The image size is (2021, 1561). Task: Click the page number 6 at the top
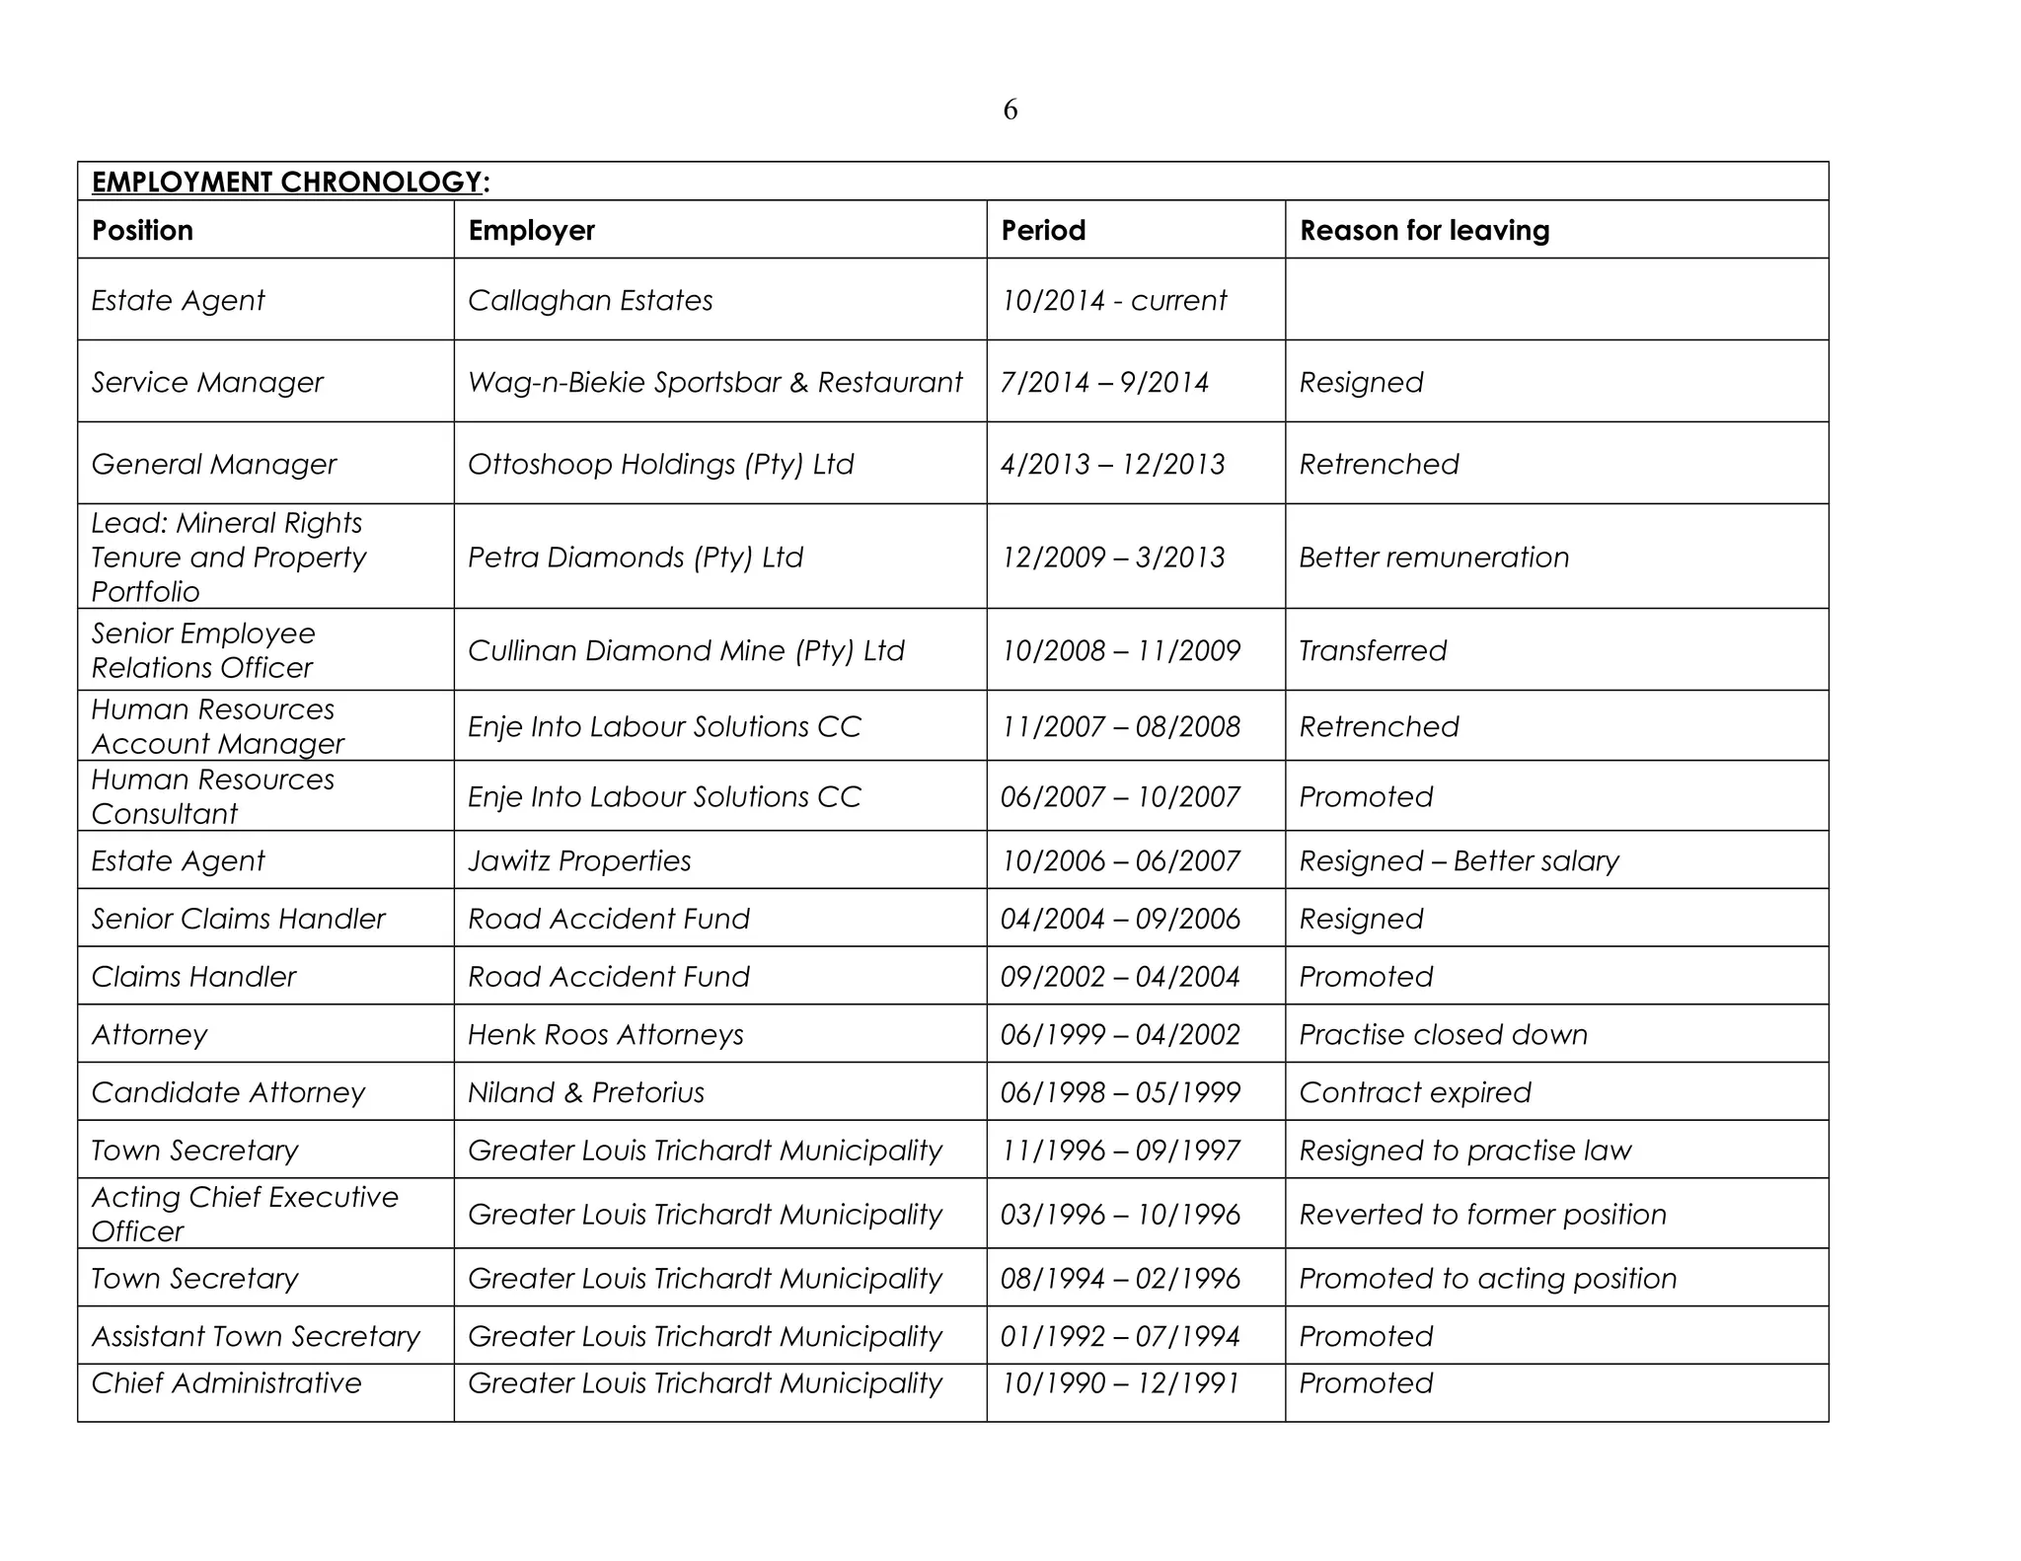point(1010,110)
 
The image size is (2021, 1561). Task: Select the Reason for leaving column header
point(1424,230)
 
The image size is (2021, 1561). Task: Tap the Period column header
point(1043,230)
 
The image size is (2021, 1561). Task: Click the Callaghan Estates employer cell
point(590,300)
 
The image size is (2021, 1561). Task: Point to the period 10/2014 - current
point(1113,300)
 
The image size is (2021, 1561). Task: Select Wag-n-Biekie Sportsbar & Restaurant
point(714,382)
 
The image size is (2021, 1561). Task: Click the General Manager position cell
point(214,464)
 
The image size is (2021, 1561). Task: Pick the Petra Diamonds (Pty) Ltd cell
point(635,557)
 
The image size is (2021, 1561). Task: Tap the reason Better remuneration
point(1433,557)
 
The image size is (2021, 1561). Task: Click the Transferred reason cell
point(1372,650)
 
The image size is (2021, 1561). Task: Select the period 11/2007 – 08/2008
point(1120,726)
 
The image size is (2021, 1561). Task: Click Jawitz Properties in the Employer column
point(579,860)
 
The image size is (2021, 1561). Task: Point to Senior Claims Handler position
point(238,919)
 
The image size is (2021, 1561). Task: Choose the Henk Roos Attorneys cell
point(605,1034)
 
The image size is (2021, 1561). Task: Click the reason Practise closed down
point(1443,1034)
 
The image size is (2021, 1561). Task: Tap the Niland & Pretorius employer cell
point(586,1092)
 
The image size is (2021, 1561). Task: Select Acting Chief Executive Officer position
point(245,1214)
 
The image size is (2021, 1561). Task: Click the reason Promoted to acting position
point(1487,1278)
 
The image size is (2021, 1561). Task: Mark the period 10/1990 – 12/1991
point(1120,1383)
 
